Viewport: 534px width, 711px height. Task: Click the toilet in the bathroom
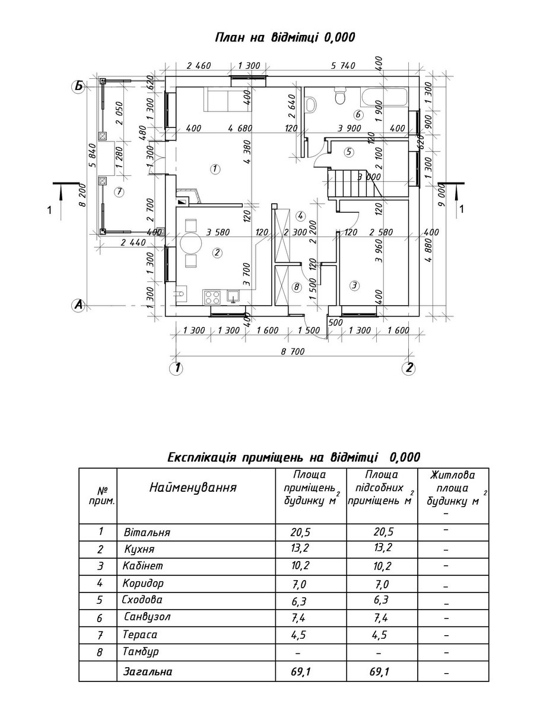[x=340, y=96]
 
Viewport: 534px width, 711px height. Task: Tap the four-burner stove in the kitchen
[x=212, y=297]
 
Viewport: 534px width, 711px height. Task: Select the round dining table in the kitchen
[x=191, y=242]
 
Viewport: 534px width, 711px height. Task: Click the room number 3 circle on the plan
[x=354, y=286]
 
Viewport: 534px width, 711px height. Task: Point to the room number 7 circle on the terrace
[x=120, y=193]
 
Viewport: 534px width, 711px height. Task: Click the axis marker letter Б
[x=79, y=87]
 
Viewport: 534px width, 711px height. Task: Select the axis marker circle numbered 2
[x=408, y=368]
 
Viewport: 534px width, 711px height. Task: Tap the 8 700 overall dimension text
[x=293, y=351]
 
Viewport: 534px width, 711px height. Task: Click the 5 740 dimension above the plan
[x=343, y=65]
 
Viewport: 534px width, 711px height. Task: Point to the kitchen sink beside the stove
[x=233, y=297]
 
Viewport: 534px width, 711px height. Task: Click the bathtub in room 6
[x=383, y=97]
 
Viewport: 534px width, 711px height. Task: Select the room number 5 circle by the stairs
[x=349, y=152]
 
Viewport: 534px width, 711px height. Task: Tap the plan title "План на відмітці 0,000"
[x=285, y=37]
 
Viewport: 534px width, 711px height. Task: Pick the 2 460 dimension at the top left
[x=198, y=65]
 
